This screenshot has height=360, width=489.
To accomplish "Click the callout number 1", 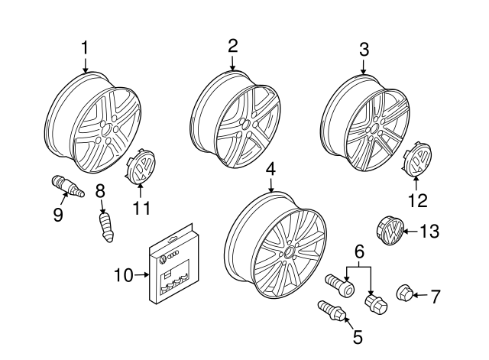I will pos(85,48).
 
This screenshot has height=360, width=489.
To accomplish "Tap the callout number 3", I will pos(364,50).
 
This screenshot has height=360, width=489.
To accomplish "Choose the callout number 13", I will pos(430,232).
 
